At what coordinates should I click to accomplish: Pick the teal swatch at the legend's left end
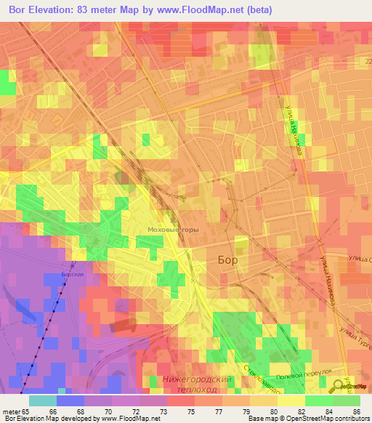pyautogui.click(x=43, y=400)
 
